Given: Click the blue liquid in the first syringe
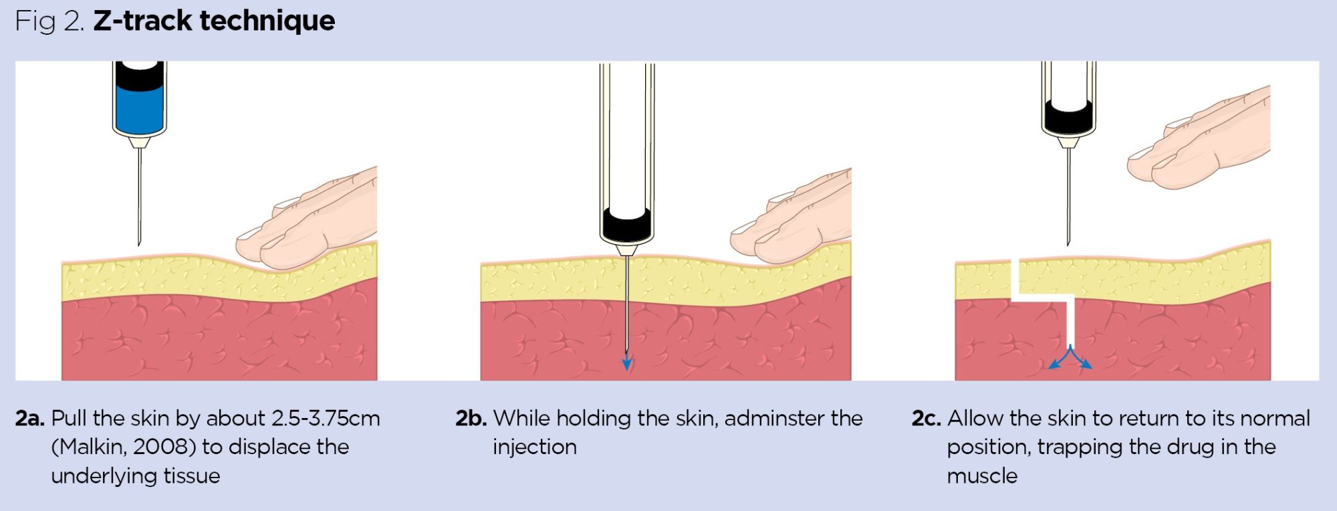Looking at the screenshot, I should (x=139, y=107).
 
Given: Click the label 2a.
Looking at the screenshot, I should (x=29, y=419).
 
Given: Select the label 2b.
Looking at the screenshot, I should (x=471, y=419).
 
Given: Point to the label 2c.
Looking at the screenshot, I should (x=926, y=419).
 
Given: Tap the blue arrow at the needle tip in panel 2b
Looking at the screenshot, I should (x=627, y=363).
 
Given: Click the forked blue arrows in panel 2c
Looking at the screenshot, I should (x=1070, y=359).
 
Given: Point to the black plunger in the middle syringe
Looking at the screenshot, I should (x=626, y=225).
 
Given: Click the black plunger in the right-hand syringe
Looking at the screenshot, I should (x=1068, y=116).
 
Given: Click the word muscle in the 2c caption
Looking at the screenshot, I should (x=982, y=476).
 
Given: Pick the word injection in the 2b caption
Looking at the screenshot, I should (x=534, y=447).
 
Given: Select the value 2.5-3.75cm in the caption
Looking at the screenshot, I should (x=326, y=419).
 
